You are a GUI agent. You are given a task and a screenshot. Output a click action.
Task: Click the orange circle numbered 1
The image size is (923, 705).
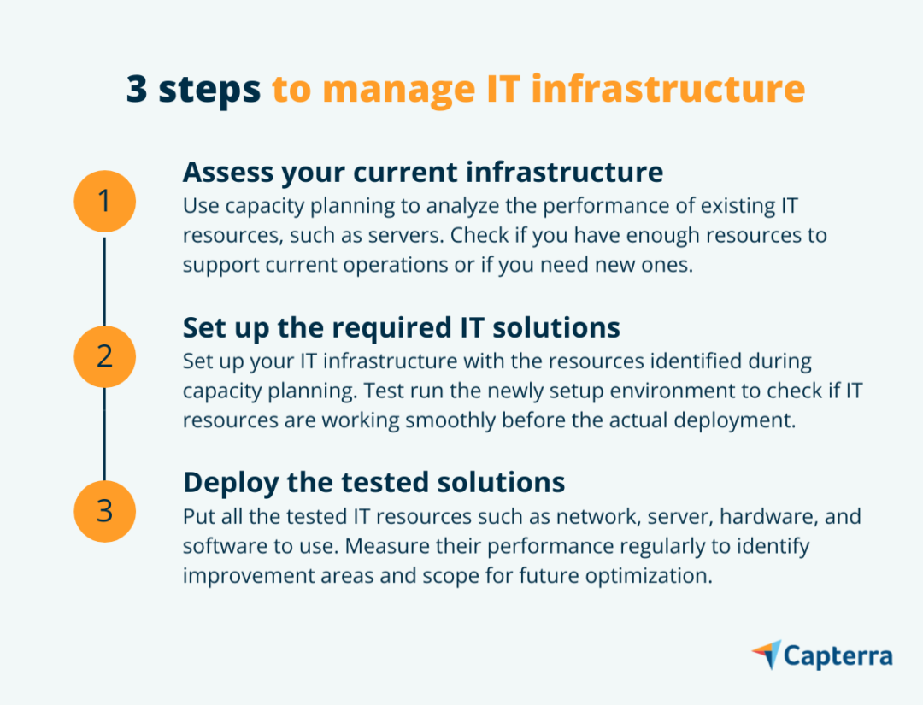[105, 202]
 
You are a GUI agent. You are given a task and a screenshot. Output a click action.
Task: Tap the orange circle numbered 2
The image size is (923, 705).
[105, 356]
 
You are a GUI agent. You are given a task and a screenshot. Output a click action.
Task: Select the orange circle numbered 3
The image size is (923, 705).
[105, 511]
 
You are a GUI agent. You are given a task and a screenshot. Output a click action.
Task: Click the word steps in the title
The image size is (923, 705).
[209, 91]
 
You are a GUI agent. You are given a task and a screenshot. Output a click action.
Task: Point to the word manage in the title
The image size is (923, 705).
[398, 91]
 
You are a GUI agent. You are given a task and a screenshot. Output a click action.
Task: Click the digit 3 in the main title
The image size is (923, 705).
[137, 89]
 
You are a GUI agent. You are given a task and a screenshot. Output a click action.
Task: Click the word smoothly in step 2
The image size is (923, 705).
[451, 420]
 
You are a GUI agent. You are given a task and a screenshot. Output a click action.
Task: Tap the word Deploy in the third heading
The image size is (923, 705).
[231, 484]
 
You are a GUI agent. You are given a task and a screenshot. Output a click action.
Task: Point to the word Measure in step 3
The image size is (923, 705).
[387, 546]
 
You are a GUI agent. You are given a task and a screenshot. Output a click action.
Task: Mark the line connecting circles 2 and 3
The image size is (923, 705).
[105, 434]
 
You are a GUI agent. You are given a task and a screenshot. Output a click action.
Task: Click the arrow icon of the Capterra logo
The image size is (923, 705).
[767, 654]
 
